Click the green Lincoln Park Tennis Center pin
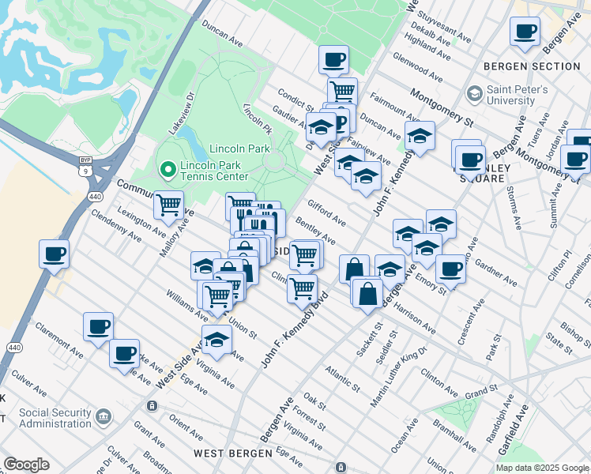[167, 169]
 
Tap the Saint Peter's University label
[518, 96]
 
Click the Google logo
[26, 465]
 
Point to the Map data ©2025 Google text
[541, 468]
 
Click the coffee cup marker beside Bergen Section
[525, 32]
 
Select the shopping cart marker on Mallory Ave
[168, 205]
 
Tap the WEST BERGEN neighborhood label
[232, 453]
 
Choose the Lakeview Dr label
[179, 113]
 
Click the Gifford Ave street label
[326, 213]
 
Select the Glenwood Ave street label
[423, 68]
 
